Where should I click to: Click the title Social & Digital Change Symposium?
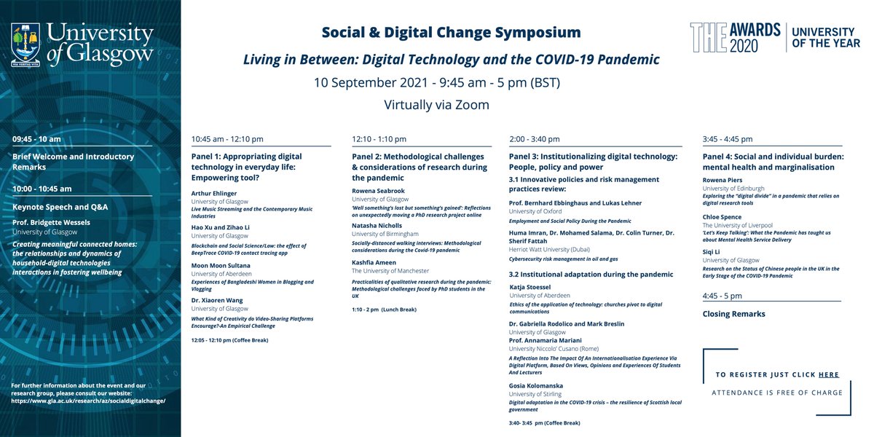pyautogui.click(x=452, y=33)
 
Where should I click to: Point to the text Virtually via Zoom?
pyautogui.click(x=436, y=105)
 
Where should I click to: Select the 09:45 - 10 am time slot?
pyautogui.click(x=36, y=138)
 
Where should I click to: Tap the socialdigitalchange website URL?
pyautogui.click(x=90, y=401)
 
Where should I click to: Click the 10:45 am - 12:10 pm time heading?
pyautogui.click(x=227, y=139)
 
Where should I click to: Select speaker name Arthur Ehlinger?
pyautogui.click(x=215, y=194)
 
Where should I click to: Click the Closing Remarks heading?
pyautogui.click(x=733, y=314)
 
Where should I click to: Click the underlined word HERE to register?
pyautogui.click(x=828, y=374)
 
